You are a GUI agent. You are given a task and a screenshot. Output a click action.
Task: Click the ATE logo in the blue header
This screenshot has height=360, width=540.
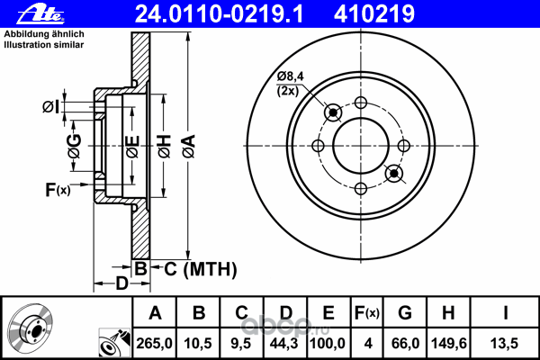(40, 14)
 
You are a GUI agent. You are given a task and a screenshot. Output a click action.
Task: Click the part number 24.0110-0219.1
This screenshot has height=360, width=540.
(220, 14)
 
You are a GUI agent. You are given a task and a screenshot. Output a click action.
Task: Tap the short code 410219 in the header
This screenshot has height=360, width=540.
(374, 14)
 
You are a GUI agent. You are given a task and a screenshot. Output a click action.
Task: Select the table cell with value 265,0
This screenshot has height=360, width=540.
(154, 344)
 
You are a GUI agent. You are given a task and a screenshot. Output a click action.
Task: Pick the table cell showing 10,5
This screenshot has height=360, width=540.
(198, 344)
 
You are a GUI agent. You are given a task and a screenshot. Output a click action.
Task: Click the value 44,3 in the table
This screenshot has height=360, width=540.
(284, 344)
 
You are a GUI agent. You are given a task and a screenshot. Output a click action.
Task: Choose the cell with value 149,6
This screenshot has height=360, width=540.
(448, 344)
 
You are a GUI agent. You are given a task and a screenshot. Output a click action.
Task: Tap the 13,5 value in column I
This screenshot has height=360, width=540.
(505, 344)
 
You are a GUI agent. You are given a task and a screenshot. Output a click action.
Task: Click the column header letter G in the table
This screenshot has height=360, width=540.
(405, 313)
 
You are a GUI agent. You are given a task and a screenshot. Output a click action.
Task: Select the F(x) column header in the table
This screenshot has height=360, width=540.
(367, 313)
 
